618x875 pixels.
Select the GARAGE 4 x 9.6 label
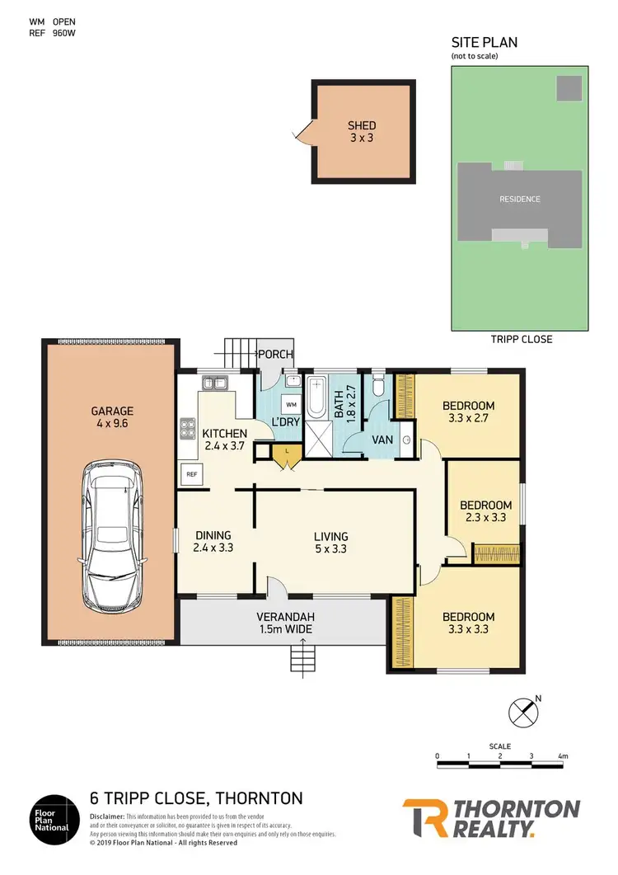click(x=112, y=416)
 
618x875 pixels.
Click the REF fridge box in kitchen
click(x=190, y=474)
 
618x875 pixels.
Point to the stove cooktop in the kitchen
click(x=187, y=429)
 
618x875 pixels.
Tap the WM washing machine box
click(x=290, y=405)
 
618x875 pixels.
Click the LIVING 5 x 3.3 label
click(x=330, y=541)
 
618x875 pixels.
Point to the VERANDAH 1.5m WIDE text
click(x=284, y=623)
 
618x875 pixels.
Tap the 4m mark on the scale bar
click(x=563, y=755)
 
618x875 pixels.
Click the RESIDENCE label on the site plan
click(x=519, y=199)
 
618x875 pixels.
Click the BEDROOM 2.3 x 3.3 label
click(x=485, y=511)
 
